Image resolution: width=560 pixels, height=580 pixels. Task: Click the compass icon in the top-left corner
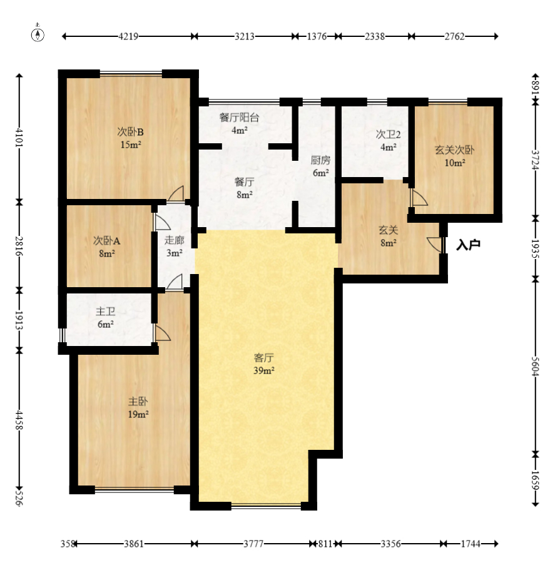tap(38, 34)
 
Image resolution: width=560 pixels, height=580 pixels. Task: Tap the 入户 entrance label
tap(468, 245)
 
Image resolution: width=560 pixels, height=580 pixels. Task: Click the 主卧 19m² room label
tap(138, 407)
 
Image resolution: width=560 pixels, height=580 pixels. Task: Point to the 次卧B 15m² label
tap(131, 138)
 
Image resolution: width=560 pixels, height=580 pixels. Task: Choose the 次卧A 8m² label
tap(105, 247)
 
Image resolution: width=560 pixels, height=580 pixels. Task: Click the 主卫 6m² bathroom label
tap(104, 317)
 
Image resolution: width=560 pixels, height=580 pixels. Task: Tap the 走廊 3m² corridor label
tap(173, 247)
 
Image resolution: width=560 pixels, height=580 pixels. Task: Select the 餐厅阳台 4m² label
tap(240, 123)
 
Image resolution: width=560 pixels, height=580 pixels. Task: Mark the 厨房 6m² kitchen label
tap(320, 166)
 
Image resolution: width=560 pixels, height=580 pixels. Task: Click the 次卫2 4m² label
tap(388, 141)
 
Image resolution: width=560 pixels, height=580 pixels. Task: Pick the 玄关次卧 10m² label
tap(454, 156)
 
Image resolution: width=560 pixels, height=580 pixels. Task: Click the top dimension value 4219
tap(128, 36)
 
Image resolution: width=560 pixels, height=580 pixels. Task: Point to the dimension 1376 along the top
tap(317, 36)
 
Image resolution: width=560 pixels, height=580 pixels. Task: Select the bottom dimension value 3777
tap(253, 544)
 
